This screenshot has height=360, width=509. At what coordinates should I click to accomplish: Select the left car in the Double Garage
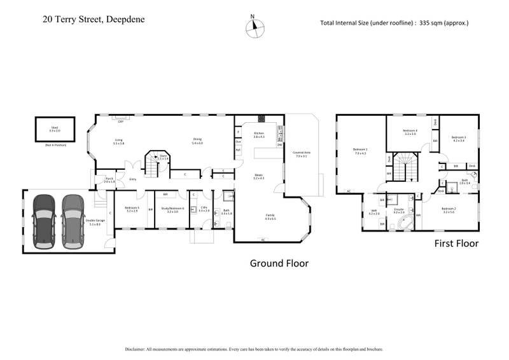click(44, 219)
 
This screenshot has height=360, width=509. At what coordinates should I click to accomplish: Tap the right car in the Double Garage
click(73, 219)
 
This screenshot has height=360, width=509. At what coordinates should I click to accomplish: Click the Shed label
click(55, 129)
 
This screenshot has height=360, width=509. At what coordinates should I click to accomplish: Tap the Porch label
click(109, 181)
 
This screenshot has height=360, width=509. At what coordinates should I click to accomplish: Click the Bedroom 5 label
click(132, 209)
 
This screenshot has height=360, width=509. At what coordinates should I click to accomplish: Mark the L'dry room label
click(204, 209)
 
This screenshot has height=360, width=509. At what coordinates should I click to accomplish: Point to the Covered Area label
click(301, 155)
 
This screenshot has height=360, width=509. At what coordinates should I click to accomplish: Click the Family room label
click(270, 217)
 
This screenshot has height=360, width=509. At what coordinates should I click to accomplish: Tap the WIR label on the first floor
click(373, 212)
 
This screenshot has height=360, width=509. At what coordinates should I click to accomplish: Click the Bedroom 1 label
click(361, 151)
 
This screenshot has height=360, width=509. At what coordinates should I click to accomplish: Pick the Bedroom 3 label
click(459, 138)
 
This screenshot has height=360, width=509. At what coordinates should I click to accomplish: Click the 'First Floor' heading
click(456, 243)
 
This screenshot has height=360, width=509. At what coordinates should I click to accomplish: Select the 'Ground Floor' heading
click(279, 263)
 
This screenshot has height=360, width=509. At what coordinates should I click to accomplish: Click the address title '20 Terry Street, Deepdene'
click(94, 19)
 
